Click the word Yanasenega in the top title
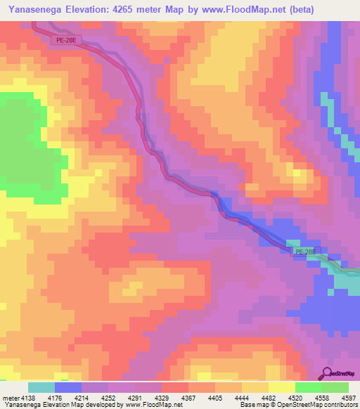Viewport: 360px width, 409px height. tap(34, 9)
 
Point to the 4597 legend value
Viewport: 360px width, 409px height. tap(349, 398)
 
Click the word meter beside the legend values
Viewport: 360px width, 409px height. tap(10, 398)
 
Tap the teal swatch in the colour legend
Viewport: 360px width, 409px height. tap(41, 387)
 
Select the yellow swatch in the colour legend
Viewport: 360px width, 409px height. tap(282, 387)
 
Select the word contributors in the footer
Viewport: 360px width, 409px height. tap(340, 405)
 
